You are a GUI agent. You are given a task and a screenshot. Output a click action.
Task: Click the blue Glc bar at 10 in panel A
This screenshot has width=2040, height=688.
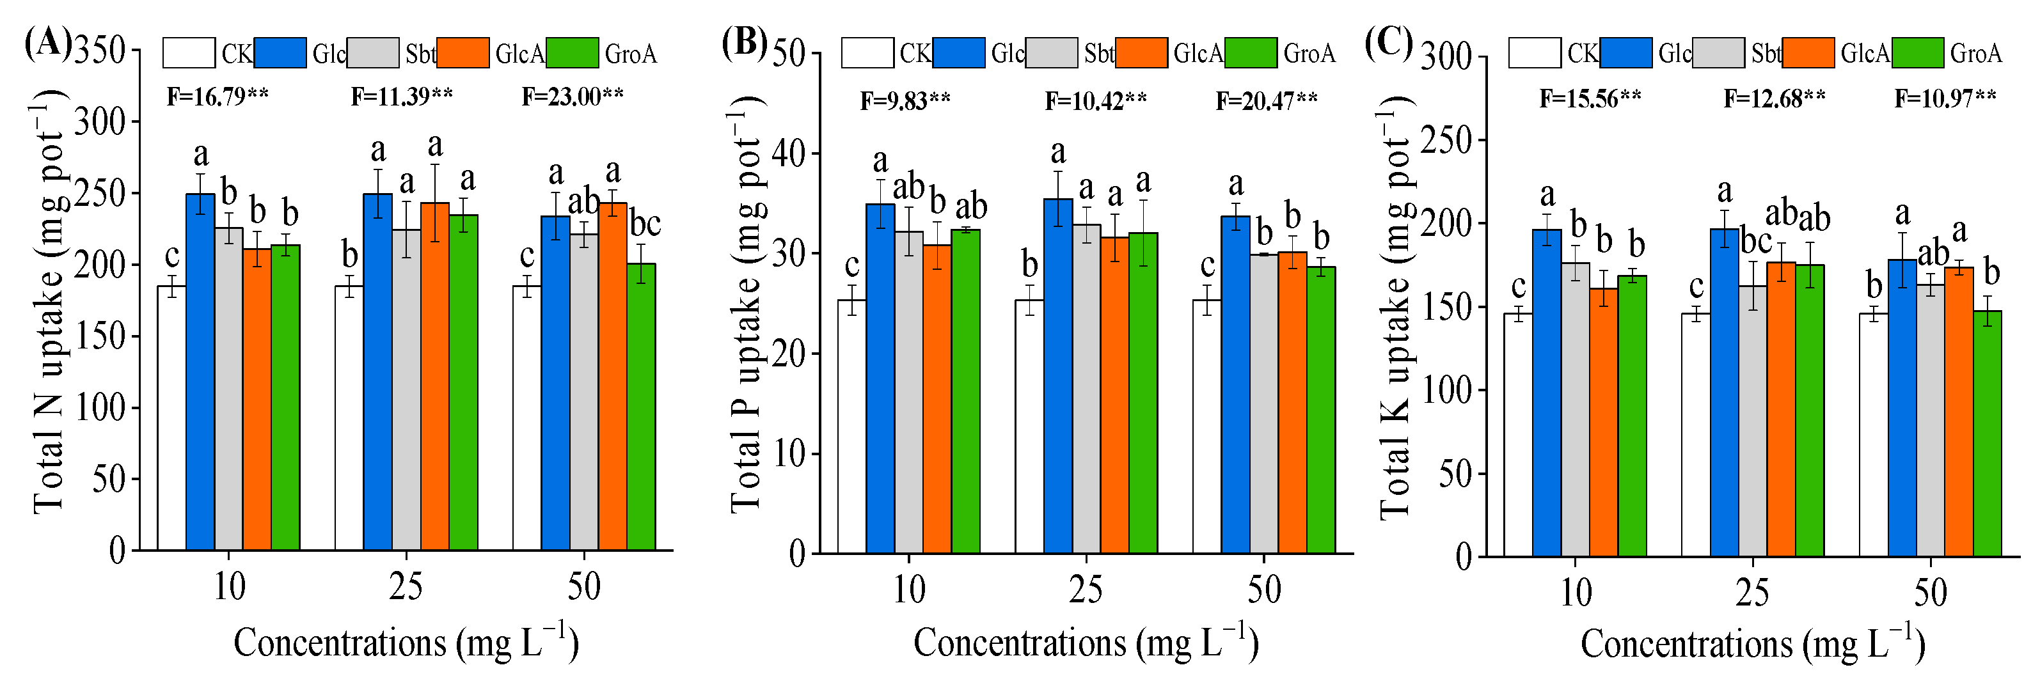200,372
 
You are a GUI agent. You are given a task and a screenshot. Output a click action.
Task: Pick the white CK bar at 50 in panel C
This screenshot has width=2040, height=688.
1874,435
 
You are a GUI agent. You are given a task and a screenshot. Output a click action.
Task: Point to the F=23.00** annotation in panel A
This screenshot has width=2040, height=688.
573,97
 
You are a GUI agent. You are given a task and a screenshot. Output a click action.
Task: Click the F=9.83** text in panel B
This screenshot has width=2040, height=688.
905,101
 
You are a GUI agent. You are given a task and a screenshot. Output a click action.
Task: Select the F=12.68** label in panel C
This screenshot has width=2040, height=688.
1775,99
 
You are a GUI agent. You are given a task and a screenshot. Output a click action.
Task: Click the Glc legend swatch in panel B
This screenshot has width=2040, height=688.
959,53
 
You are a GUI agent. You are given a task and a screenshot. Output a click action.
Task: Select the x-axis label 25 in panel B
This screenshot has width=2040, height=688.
1086,590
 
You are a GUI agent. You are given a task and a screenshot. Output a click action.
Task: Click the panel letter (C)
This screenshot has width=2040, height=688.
1389,43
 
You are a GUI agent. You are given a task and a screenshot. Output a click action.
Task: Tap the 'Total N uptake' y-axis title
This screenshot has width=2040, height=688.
49,301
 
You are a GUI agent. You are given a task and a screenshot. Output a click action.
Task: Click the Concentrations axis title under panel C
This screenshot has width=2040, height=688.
1753,644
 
